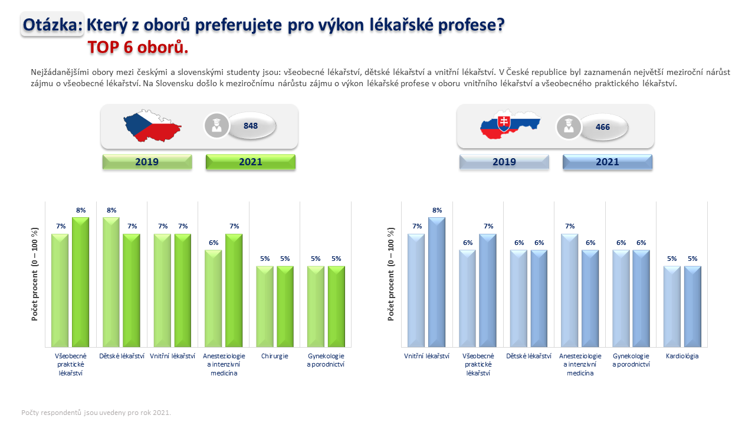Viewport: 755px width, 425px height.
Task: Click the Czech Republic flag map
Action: click(x=152, y=126)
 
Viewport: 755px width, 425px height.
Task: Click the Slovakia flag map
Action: click(x=510, y=124)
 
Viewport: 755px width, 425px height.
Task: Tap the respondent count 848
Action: click(x=251, y=126)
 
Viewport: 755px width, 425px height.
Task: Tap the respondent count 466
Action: click(x=603, y=127)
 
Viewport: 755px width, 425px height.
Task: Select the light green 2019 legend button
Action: click(x=147, y=162)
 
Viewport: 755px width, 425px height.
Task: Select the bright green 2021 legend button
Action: click(x=251, y=162)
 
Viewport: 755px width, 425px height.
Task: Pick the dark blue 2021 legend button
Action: click(x=608, y=162)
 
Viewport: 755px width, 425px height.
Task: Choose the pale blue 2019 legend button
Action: click(x=504, y=162)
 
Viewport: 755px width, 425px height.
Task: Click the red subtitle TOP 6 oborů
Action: click(x=138, y=47)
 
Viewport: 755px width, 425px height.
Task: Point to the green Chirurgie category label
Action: click(x=274, y=356)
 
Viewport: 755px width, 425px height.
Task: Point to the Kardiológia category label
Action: click(x=682, y=356)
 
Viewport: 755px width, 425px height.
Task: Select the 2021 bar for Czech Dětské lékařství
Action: click(x=132, y=290)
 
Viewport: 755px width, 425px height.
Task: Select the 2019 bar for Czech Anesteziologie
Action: click(x=214, y=299)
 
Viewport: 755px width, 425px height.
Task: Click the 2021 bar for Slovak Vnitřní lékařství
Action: click(x=437, y=282)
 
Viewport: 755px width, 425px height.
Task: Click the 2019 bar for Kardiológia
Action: click(x=672, y=306)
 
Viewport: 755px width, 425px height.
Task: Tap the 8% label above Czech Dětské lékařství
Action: click(x=111, y=210)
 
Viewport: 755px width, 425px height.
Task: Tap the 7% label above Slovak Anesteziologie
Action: click(x=570, y=226)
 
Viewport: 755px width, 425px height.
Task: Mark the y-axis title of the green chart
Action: click(x=35, y=274)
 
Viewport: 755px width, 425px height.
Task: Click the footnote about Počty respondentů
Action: click(x=96, y=413)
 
